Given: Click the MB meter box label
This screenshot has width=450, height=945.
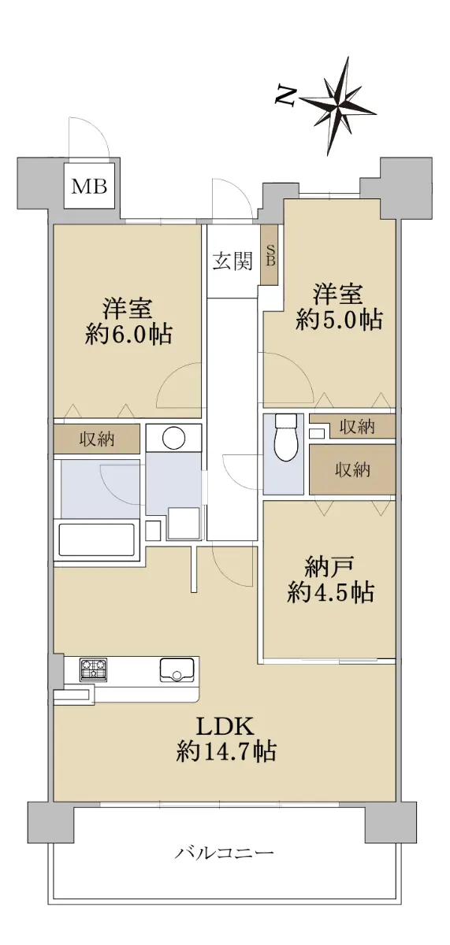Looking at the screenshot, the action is tap(89, 186).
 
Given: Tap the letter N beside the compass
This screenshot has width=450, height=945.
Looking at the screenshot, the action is tap(286, 96).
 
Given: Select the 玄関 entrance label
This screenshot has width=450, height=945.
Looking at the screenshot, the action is tap(232, 261).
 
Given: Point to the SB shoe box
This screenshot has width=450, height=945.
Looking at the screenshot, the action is tap(269, 254).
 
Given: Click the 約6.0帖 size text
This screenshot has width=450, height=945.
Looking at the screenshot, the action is tap(128, 335).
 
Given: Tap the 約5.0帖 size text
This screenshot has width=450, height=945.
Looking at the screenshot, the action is tap(339, 320).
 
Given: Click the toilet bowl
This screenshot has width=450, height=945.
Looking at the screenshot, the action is tap(286, 439).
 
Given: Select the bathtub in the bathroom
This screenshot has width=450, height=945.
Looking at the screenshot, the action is tap(99, 540).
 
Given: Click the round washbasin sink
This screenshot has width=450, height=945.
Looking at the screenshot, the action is tap(174, 438).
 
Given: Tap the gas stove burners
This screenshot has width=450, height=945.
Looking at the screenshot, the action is tap(93, 669).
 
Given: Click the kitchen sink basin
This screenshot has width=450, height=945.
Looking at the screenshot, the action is tap(177, 669).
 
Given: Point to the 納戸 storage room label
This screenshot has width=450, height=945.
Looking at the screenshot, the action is tap(329, 568).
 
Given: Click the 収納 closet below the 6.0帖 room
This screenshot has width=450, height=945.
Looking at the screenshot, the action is tap(97, 439).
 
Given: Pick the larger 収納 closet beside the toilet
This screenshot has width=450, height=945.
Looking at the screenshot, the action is tap(352, 469).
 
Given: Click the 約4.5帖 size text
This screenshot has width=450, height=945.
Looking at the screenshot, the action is tap(330, 593).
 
